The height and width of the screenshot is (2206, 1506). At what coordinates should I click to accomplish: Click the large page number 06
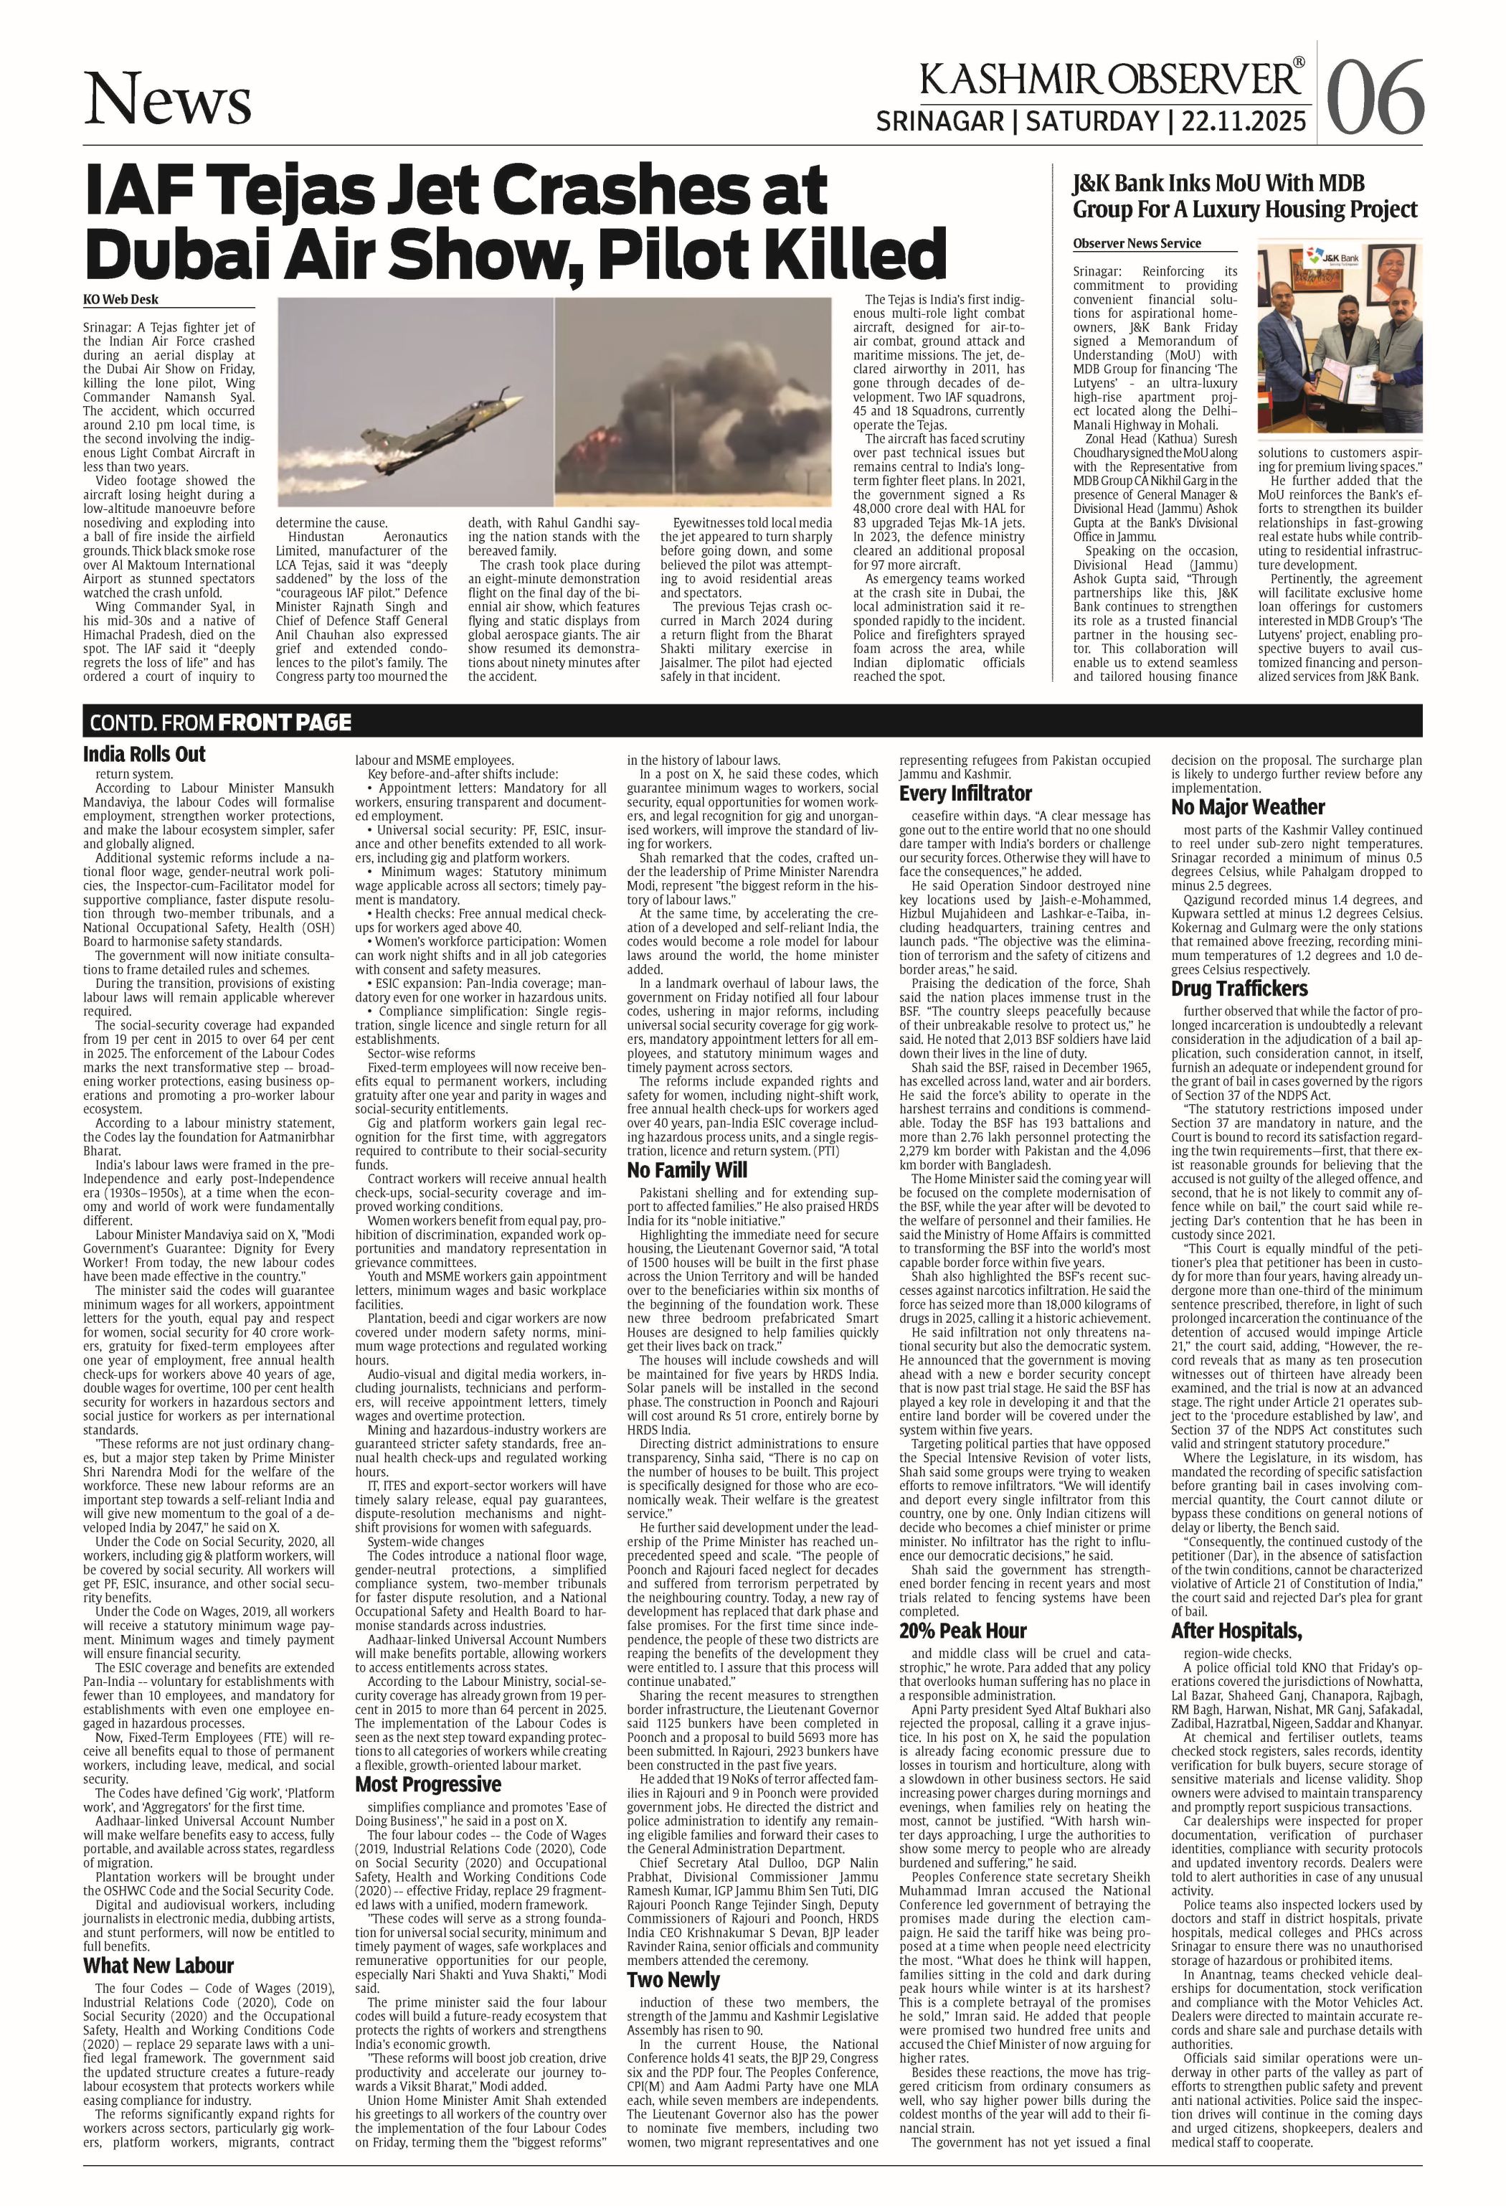[x=1375, y=97]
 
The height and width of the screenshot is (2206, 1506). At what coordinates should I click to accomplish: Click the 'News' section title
[x=168, y=100]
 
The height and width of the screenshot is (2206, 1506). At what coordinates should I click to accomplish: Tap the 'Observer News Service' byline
[x=1136, y=244]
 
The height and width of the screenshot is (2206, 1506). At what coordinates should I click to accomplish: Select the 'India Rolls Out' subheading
[x=144, y=755]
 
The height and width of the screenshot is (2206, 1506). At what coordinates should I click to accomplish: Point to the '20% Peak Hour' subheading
[x=962, y=1631]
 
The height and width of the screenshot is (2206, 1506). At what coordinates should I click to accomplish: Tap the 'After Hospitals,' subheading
[x=1236, y=1631]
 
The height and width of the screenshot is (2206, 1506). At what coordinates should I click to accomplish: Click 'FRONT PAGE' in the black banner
[x=284, y=722]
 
